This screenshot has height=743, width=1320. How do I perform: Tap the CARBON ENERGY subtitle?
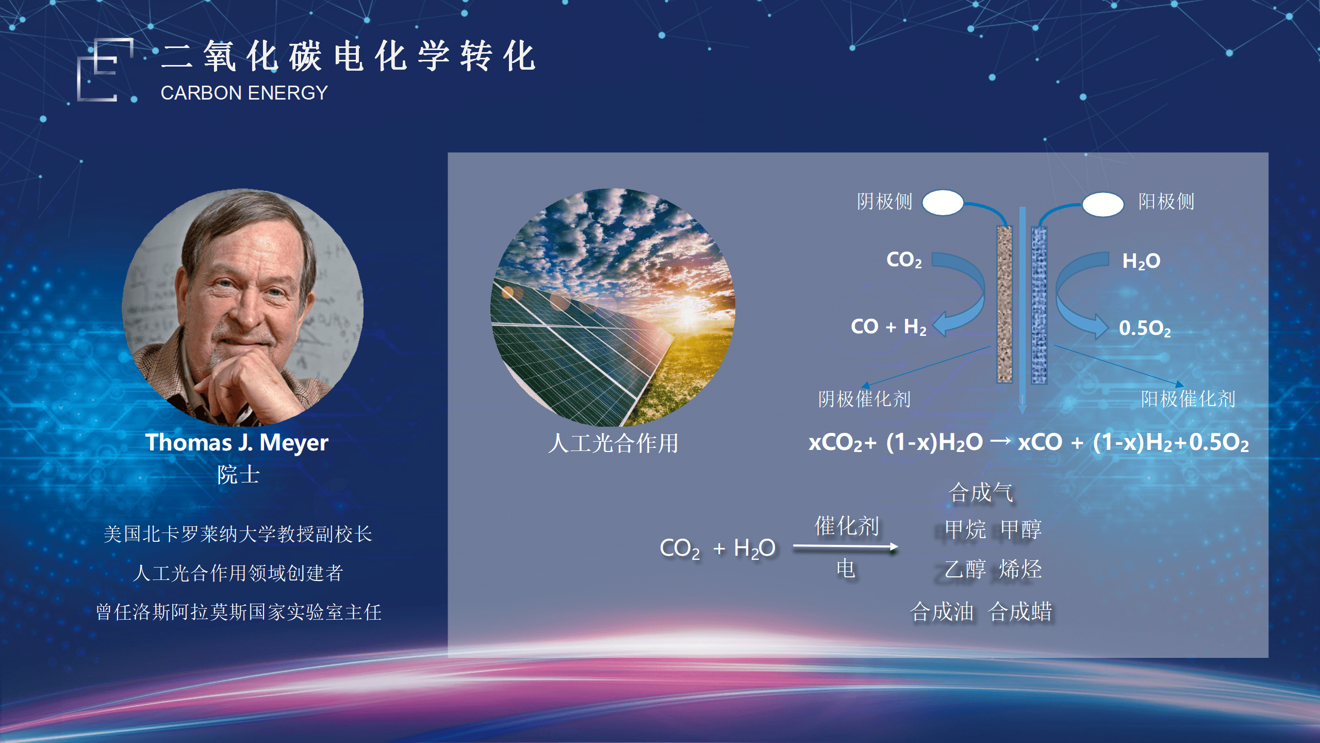coord(244,93)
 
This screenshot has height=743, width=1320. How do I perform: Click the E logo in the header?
coord(105,70)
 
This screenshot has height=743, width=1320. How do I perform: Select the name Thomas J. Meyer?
coord(237,443)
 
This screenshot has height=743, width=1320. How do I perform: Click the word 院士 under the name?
coord(238,475)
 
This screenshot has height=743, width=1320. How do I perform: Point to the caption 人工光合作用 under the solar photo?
coord(613,443)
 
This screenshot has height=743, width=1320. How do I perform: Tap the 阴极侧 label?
coord(885,201)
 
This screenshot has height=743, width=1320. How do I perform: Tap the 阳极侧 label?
coord(1166,201)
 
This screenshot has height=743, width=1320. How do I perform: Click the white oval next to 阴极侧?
coord(943,202)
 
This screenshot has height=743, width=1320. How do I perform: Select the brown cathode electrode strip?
coord(1004,304)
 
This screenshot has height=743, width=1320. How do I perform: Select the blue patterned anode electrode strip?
coord(1039,305)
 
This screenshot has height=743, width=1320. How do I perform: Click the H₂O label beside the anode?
coord(1141,261)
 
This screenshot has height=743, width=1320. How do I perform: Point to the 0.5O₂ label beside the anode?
coord(1145,328)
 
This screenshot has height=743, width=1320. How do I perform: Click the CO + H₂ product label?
coord(888,327)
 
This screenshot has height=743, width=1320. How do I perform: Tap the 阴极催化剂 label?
coord(865,399)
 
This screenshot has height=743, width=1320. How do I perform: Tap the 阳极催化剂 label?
coord(1188,399)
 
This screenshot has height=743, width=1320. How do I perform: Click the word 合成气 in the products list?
coord(981,492)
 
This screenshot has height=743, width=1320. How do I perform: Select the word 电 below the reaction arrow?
coord(846,569)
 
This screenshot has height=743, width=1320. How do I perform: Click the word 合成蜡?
coord(1020,611)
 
